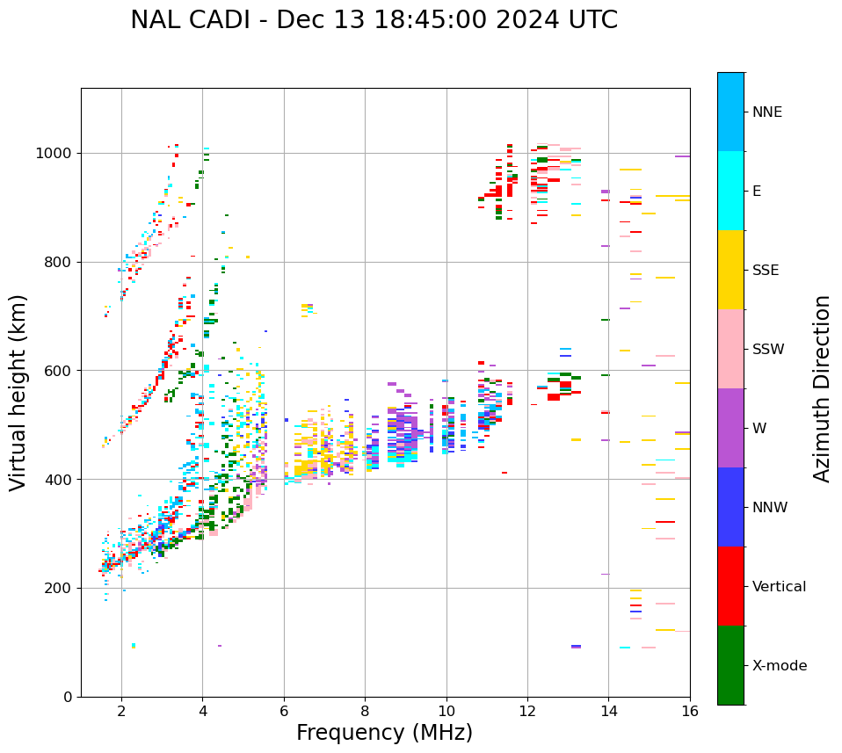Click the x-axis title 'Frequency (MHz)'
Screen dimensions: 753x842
pos(384,733)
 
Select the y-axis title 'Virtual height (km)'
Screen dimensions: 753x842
pos(18,393)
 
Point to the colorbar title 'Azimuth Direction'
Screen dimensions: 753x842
pos(822,388)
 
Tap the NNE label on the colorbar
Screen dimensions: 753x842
pos(766,112)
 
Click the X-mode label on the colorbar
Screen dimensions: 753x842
pos(779,666)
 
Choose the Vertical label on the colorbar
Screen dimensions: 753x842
pos(779,587)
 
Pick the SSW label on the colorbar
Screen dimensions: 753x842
pos(768,350)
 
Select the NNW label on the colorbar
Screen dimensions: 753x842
pos(770,508)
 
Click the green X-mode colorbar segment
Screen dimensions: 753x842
pos(730,665)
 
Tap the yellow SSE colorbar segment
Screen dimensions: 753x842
pos(730,270)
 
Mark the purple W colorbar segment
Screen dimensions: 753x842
pos(730,428)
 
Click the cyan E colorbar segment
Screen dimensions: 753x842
pos(730,191)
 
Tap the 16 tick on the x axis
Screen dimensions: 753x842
pos(690,710)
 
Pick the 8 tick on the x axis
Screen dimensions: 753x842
pos(365,710)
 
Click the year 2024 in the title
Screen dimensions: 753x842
pos(537,20)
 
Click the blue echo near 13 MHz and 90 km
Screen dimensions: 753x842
pos(576,647)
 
